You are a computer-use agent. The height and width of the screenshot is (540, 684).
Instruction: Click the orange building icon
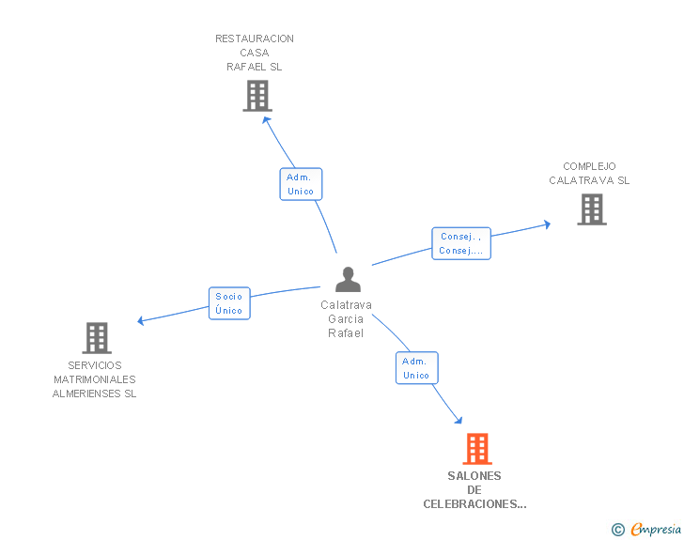477,448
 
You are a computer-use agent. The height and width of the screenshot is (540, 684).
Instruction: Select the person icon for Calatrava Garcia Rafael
348,279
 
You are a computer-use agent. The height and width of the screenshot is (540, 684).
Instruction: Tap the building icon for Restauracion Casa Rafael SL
257,96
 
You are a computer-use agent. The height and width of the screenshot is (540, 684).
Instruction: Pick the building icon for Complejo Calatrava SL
592,209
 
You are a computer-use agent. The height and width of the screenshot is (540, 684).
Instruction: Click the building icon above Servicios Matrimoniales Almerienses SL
97,337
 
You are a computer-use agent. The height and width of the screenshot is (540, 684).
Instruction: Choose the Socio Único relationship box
229,303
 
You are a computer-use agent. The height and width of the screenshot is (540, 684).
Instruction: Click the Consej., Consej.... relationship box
461,243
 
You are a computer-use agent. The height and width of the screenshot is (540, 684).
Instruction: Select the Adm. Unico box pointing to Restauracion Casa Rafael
301,184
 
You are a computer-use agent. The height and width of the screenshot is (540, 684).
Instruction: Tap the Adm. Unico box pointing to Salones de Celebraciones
416,368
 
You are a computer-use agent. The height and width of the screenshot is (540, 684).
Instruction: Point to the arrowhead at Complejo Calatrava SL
547,224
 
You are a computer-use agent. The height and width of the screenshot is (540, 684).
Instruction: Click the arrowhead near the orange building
459,420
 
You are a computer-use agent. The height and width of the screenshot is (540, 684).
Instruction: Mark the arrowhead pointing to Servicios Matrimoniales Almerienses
141,321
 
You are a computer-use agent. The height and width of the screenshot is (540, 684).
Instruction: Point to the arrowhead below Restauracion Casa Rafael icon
266,120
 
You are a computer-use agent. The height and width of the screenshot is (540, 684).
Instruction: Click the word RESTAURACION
255,39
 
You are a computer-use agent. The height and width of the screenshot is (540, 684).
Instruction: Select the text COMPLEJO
589,166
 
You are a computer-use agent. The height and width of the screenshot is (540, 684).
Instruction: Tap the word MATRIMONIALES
95,379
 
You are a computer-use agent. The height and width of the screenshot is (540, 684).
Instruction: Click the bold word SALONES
474,476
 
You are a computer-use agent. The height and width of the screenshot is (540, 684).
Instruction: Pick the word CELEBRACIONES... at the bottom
474,504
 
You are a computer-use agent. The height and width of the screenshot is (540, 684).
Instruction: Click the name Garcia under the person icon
346,319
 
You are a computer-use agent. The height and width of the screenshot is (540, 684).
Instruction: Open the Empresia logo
646,530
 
